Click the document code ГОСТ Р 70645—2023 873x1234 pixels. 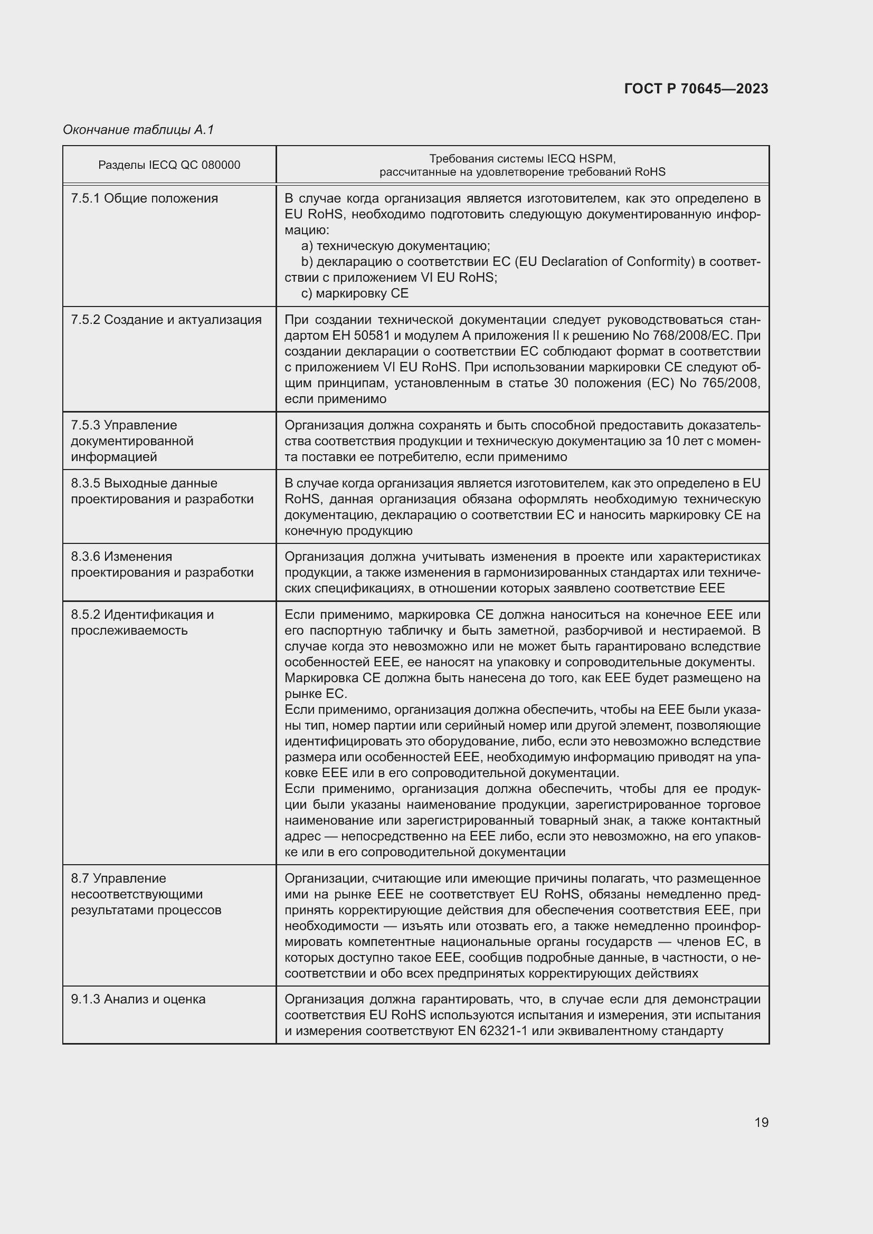pyautogui.click(x=696, y=89)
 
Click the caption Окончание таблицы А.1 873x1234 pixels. pyautogui.click(x=138, y=130)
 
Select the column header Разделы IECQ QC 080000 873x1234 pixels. pyautogui.click(x=169, y=165)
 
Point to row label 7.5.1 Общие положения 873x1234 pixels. pyautogui.click(x=144, y=198)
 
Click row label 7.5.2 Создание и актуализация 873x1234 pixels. pyautogui.click(x=166, y=320)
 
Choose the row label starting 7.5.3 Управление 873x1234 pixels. pyautogui.click(x=132, y=441)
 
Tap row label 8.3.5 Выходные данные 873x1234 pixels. pyautogui.click(x=162, y=491)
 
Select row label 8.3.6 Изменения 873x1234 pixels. pyautogui.click(x=162, y=565)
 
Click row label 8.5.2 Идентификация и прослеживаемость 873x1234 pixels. pyautogui.click(x=142, y=622)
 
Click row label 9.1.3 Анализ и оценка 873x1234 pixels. pyautogui.click(x=138, y=999)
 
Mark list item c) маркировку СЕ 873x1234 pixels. pyautogui.click(x=355, y=293)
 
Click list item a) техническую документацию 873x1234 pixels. pyautogui.click(x=396, y=246)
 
